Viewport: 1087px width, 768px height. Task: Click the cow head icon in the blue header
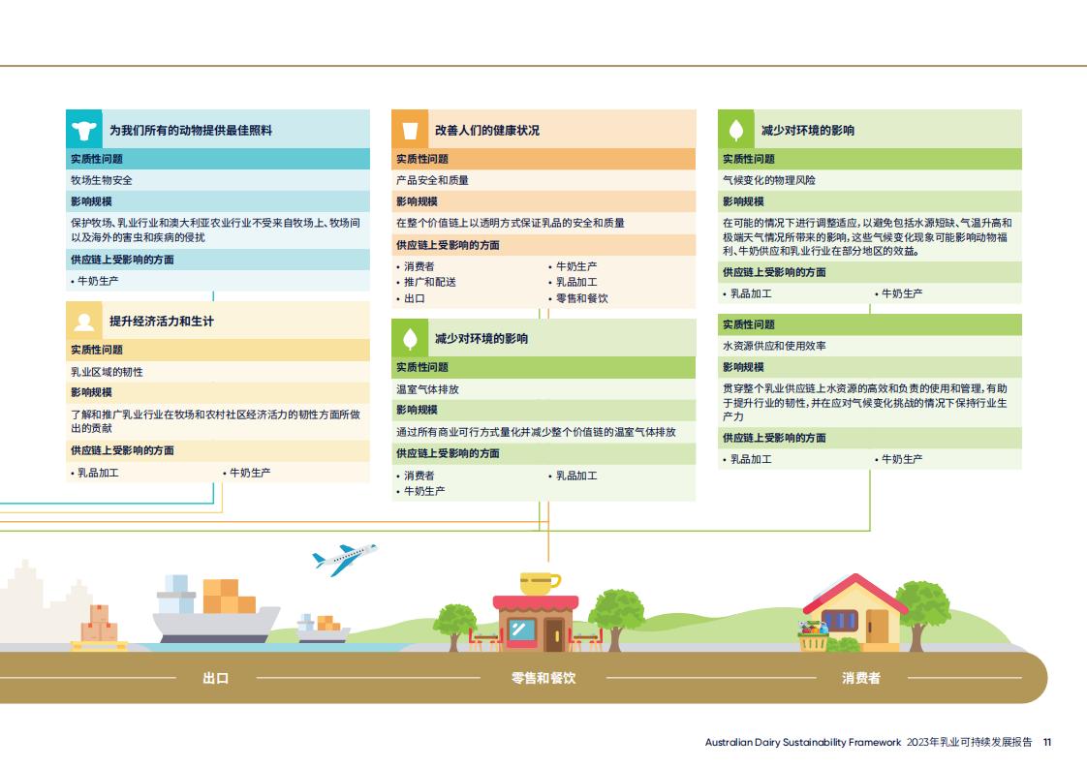coord(84,130)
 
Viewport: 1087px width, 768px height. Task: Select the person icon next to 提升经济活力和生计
coord(84,321)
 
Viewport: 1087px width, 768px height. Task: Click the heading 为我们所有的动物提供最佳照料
coord(191,131)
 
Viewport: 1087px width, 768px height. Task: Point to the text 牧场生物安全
coord(101,180)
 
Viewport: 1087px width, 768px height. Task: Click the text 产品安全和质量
coord(433,180)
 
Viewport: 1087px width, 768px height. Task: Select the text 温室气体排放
coord(428,389)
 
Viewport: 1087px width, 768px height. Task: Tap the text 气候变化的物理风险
coord(769,180)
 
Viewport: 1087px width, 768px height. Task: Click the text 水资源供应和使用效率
coord(774,346)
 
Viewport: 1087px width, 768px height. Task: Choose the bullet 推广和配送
coord(430,282)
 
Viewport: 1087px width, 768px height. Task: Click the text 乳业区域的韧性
coord(107,372)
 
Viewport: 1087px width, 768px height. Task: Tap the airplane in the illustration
coord(345,559)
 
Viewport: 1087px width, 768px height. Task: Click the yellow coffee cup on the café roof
coord(540,584)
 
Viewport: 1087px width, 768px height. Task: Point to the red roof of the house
coord(855,593)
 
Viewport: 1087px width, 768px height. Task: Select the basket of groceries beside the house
coord(813,636)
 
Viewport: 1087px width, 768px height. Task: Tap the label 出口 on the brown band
coord(216,678)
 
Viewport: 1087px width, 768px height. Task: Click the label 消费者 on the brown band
coord(861,678)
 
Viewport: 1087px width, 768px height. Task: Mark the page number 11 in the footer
coord(1047,743)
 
